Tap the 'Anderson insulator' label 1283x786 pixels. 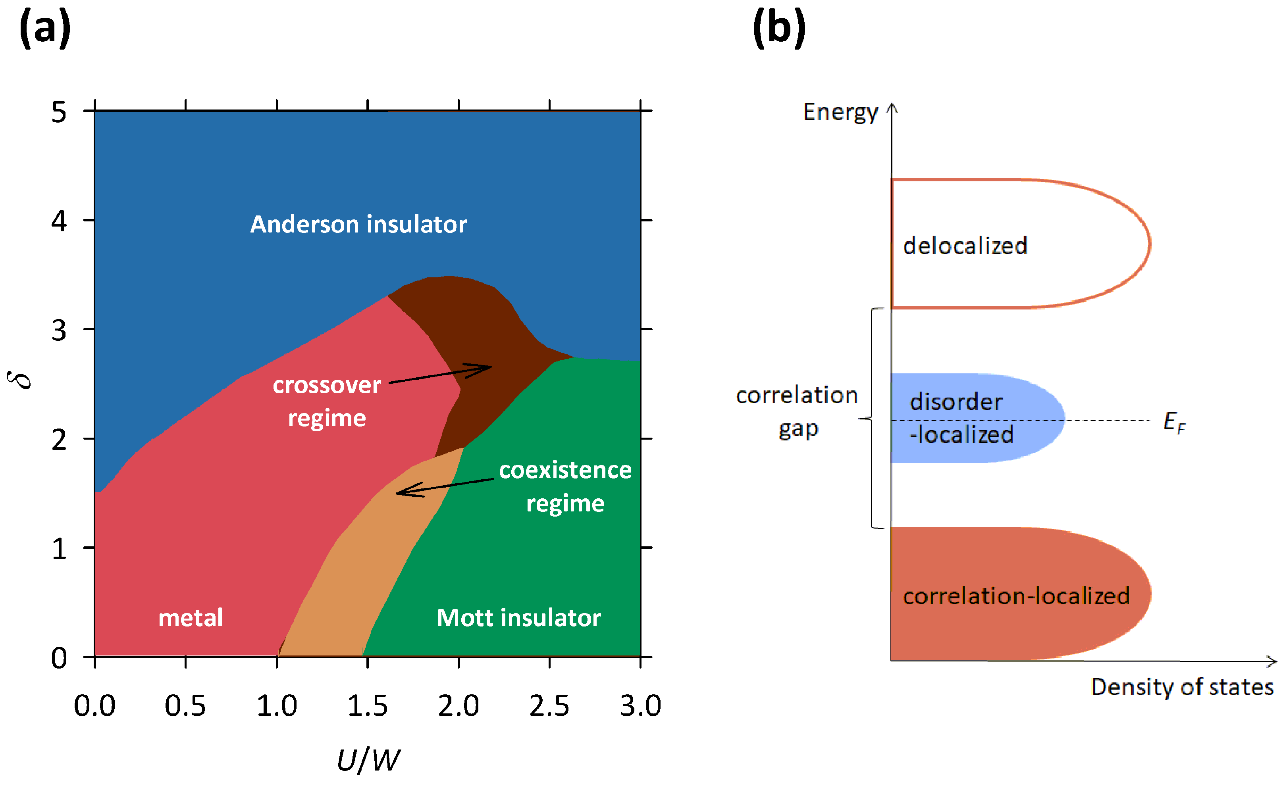(358, 224)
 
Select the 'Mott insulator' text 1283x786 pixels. (518, 618)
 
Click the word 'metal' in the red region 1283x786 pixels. (191, 618)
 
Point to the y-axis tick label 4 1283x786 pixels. (59, 221)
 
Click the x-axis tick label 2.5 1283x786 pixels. (549, 706)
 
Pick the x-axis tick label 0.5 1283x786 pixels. (185, 706)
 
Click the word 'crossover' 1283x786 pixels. (327, 386)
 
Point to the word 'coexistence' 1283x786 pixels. (565, 471)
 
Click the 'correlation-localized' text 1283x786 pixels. (1016, 596)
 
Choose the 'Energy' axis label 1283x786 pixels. (840, 112)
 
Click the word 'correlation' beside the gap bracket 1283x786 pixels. (797, 396)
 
